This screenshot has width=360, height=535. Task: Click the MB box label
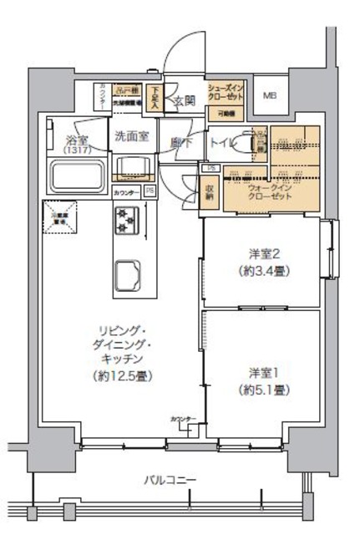tap(270, 94)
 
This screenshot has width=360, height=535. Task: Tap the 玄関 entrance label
tap(184, 102)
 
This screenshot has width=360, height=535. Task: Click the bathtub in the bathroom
tap(77, 176)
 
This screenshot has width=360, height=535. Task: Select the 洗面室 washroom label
tap(131, 135)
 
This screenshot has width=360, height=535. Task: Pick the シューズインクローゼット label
tap(226, 93)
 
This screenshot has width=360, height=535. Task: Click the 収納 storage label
tap(210, 195)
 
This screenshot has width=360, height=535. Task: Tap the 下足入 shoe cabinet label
tap(155, 97)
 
